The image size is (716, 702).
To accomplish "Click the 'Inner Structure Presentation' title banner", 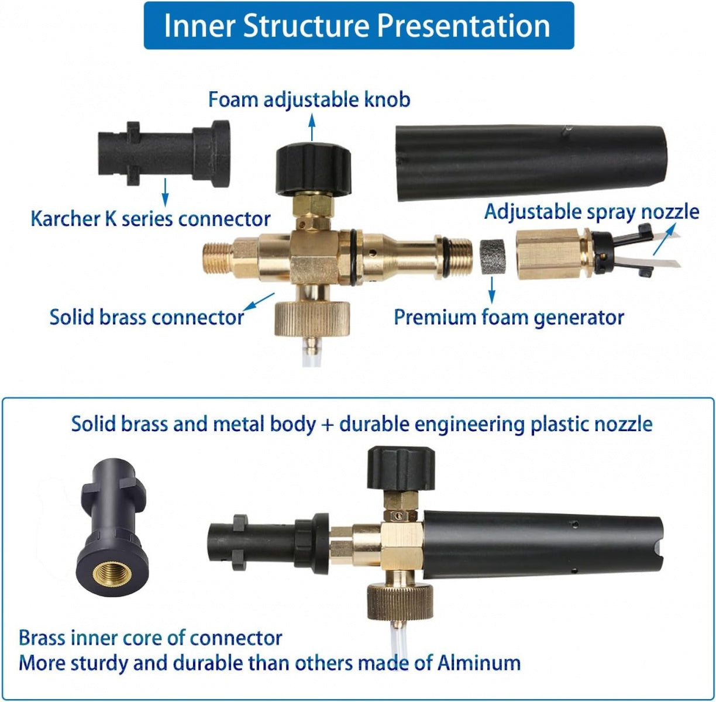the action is (359, 25).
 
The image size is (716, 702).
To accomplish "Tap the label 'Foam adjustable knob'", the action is (309, 99).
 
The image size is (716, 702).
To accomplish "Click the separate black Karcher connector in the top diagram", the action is (164, 153).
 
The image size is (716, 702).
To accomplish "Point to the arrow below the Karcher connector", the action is (166, 192).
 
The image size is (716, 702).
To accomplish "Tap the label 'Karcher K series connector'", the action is (150, 219).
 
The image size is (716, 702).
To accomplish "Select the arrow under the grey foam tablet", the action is (492, 290).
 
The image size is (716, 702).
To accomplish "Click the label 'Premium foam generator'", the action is (509, 318).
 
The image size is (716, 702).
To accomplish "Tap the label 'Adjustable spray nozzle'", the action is (591, 212).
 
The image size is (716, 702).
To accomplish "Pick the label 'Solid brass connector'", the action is (147, 318).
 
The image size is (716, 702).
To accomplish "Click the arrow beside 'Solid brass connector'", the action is (259, 302).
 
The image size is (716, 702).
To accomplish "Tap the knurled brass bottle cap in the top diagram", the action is (312, 319).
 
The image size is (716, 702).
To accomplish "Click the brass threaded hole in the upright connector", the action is (112, 574).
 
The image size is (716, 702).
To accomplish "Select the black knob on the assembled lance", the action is (401, 468).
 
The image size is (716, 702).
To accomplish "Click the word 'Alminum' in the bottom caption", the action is (479, 663).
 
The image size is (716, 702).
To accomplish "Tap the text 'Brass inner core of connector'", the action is (150, 638).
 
